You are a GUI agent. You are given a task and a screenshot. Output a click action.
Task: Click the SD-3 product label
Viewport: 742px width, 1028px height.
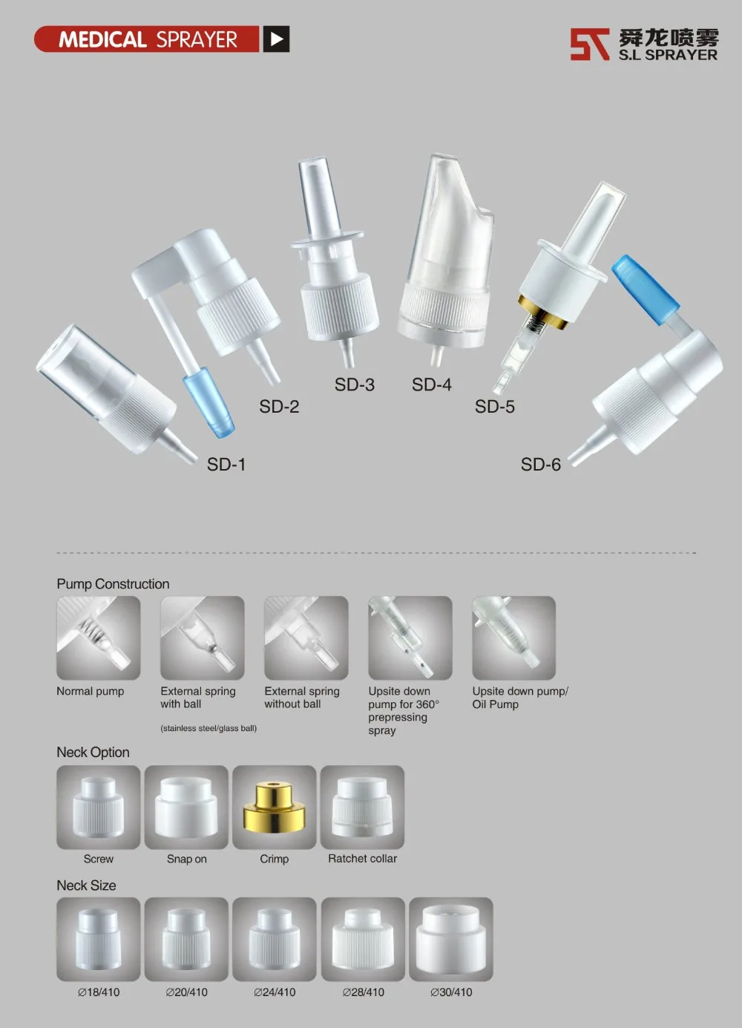point(354,384)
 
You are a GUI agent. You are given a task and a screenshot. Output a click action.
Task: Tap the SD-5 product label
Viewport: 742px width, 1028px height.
point(494,407)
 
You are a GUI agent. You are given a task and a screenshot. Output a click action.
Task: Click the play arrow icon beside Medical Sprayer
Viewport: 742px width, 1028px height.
point(276,39)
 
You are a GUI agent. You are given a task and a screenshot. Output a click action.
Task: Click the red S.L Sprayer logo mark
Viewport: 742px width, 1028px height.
point(589,45)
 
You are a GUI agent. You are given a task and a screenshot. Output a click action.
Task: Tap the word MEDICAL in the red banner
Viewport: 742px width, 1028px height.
point(102,39)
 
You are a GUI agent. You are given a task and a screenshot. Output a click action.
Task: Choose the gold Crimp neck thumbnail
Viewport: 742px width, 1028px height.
point(274,808)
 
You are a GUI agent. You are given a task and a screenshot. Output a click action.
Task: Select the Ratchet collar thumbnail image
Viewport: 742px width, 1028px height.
point(362,808)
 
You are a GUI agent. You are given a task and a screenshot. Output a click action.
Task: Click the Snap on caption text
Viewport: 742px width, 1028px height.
point(186,859)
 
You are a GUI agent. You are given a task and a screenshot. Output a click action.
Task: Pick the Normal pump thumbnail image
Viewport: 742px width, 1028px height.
point(98,638)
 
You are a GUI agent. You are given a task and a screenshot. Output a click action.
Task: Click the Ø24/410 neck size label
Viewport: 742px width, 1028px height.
point(275,992)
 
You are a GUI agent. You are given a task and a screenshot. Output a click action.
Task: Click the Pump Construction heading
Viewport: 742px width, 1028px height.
point(113,584)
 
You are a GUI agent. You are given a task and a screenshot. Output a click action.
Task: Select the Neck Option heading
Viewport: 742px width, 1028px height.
point(93,753)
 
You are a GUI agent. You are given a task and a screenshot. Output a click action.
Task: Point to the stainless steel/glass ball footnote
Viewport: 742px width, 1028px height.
point(209,729)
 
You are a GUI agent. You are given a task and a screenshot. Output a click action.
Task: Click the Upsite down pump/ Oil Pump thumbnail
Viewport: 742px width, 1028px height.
point(513,638)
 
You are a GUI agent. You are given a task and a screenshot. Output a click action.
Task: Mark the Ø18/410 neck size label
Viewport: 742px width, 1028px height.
point(99,992)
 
